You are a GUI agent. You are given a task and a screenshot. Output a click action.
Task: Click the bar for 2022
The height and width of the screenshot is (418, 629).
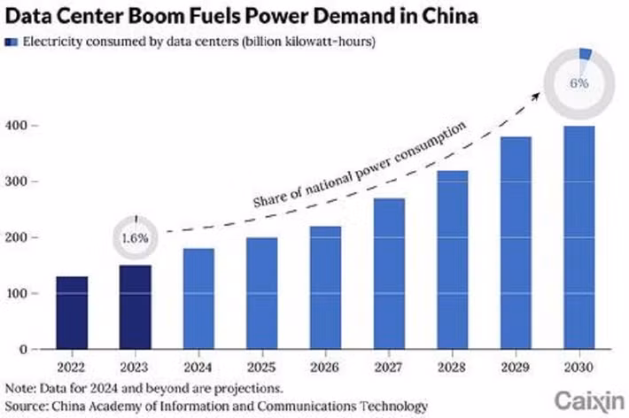click(x=73, y=313)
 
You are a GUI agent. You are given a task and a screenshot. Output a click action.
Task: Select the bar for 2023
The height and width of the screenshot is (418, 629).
click(x=136, y=306)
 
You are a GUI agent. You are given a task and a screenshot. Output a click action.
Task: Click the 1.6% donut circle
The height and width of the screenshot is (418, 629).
click(x=136, y=238)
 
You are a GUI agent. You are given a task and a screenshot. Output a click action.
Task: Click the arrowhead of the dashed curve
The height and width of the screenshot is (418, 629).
click(x=539, y=92)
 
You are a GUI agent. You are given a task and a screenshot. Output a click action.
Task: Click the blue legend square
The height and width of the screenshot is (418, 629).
click(x=12, y=41)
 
